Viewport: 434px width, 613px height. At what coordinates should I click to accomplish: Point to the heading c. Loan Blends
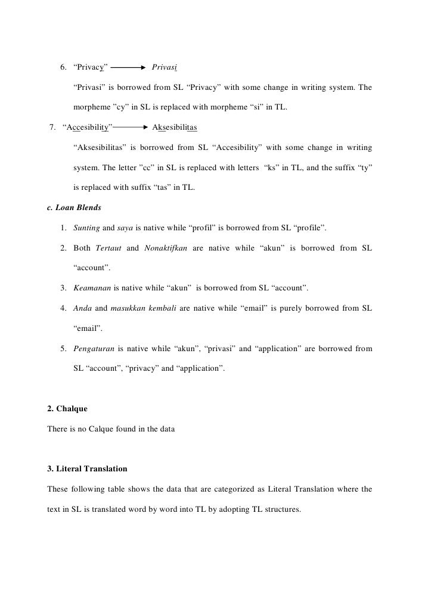click(x=72, y=208)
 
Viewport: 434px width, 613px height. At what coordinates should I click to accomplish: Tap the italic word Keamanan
click(x=92, y=289)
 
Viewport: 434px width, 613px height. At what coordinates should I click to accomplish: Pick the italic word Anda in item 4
click(x=83, y=308)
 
